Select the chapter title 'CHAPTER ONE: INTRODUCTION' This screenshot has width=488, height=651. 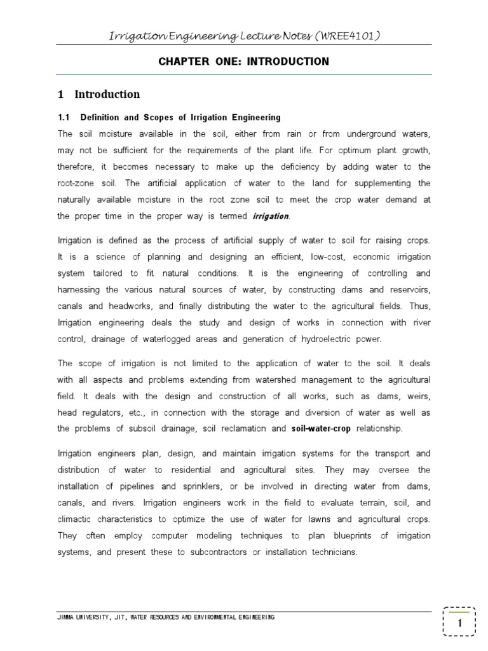243,62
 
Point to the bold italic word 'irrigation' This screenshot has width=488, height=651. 270,217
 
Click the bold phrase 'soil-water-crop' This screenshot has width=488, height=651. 321,428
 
